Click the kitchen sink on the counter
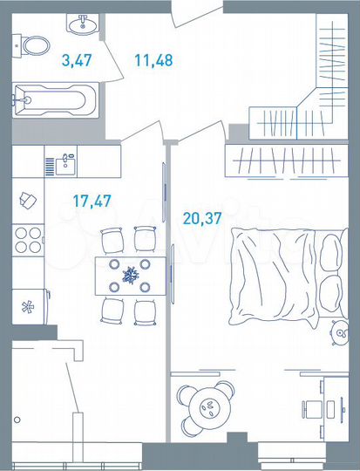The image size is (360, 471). pyautogui.click(x=65, y=161)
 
